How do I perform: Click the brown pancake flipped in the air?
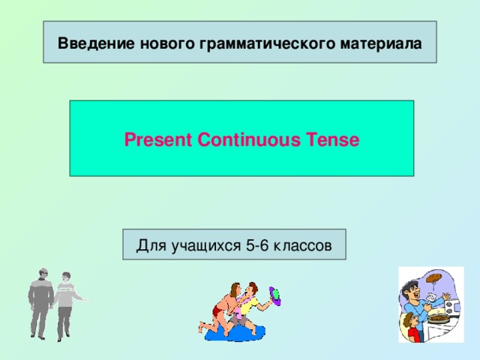(434, 279)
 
